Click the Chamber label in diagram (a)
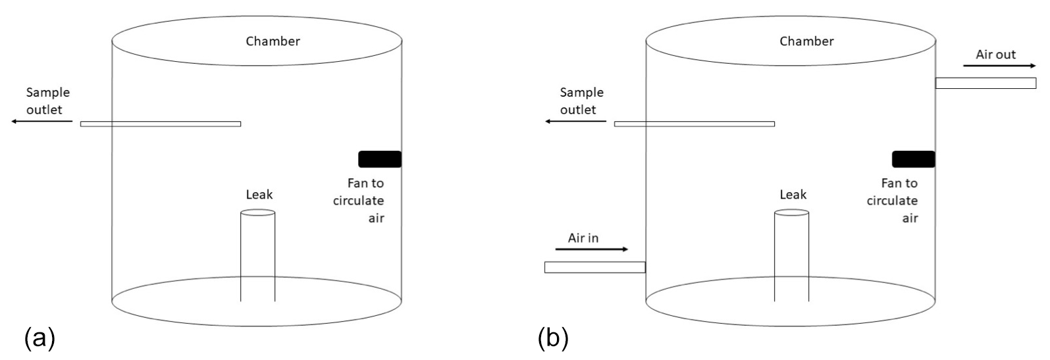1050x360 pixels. point(273,41)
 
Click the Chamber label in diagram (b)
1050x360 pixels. point(806,41)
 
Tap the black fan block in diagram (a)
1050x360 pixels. point(380,159)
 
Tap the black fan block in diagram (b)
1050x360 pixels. point(913,159)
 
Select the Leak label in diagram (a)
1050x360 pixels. point(259,195)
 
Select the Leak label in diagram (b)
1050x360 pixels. point(793,195)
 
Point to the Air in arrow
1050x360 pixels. point(592,249)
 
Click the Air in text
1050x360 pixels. point(583,238)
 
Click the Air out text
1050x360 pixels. point(995,55)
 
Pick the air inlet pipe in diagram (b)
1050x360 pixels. point(594,267)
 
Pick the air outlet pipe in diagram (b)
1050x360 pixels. point(985,83)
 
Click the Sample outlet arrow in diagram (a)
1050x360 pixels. point(41,122)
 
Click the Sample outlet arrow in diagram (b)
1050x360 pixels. point(575,122)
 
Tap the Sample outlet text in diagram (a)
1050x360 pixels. point(47,101)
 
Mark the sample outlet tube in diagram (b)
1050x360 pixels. point(694,124)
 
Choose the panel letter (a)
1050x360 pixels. point(39,339)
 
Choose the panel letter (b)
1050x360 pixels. point(552,339)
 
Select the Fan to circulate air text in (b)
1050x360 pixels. point(892,200)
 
